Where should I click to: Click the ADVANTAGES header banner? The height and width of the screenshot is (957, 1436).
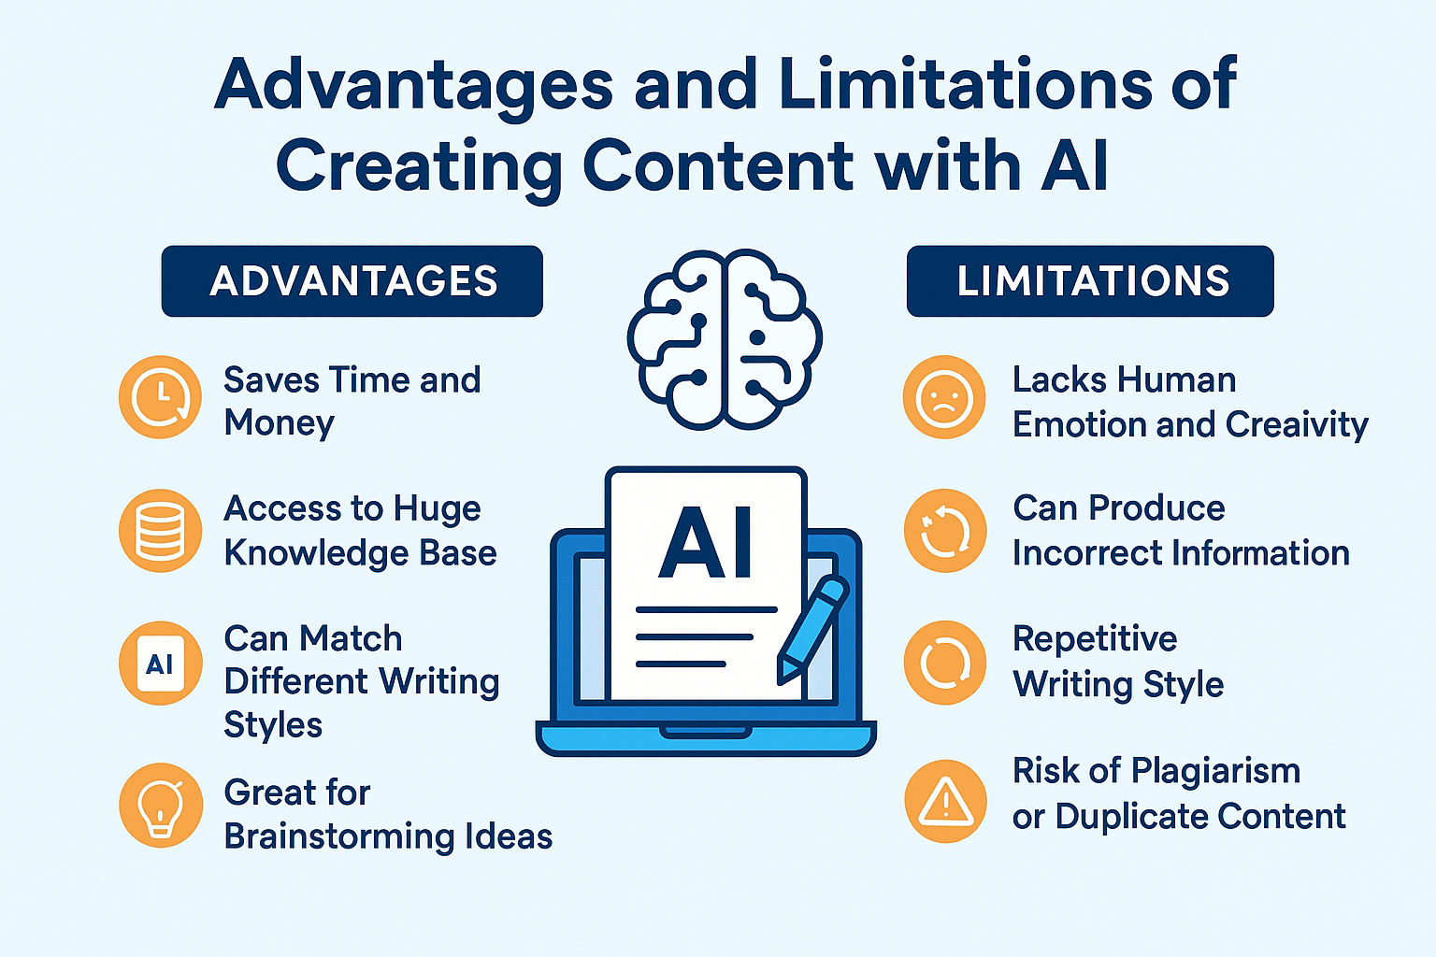(352, 280)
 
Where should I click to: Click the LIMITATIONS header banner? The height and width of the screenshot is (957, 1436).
(1090, 280)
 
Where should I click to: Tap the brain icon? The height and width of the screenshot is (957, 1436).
(725, 340)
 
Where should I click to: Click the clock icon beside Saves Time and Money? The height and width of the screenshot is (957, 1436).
(160, 397)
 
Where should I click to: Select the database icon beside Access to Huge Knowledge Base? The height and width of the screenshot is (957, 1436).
(160, 531)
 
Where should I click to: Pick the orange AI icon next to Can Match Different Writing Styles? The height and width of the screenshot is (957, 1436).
(160, 663)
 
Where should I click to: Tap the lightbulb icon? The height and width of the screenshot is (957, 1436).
(160, 805)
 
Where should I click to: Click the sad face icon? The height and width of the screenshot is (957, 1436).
(944, 397)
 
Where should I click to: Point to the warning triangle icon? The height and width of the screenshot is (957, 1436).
(945, 801)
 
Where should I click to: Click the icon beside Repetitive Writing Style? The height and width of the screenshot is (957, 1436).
(945, 663)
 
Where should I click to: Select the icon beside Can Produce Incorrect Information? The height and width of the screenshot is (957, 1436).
(945, 531)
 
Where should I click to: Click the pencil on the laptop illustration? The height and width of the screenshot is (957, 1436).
(812, 630)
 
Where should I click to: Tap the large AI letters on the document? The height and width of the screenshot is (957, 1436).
(706, 543)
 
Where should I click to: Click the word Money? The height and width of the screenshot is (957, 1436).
(280, 423)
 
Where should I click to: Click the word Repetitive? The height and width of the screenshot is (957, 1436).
(1095, 639)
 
